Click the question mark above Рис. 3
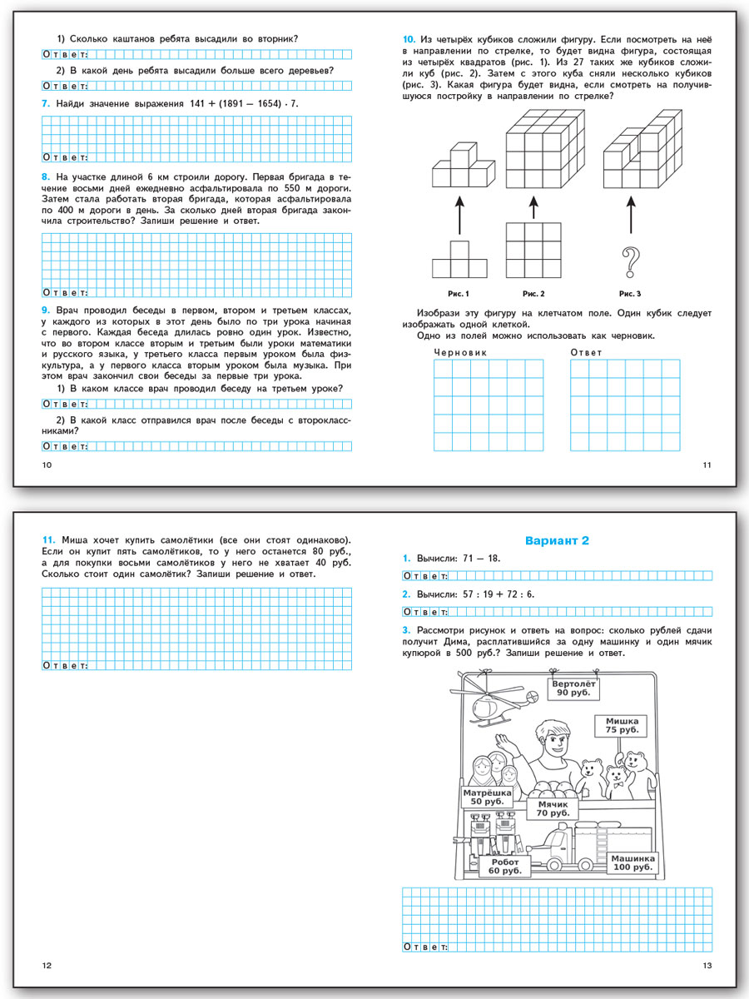pyautogui.click(x=630, y=265)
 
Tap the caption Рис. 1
pyautogui.click(x=459, y=294)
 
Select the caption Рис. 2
pyautogui.click(x=533, y=294)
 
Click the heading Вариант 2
pyautogui.click(x=557, y=540)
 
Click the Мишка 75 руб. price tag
pyautogui.click(x=621, y=724)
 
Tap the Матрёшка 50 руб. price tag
pyautogui.click(x=488, y=796)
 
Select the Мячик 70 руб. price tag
pyautogui.click(x=552, y=808)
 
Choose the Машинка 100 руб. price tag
pyautogui.click(x=633, y=863)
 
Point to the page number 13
pyautogui.click(x=707, y=965)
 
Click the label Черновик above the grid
pyautogui.click(x=460, y=352)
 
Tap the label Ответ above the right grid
pyautogui.click(x=586, y=352)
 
